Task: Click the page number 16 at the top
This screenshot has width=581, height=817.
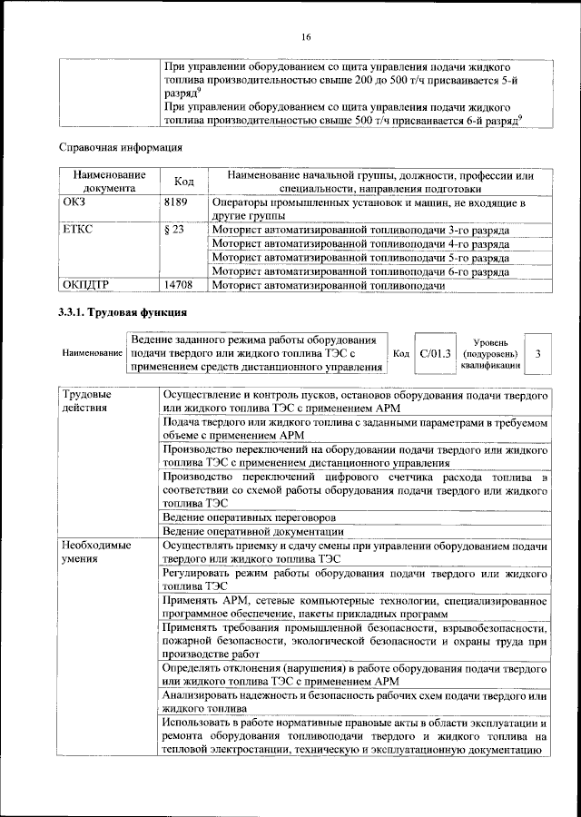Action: (306, 36)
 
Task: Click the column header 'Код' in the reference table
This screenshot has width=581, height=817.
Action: (184, 182)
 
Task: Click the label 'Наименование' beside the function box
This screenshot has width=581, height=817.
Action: (91, 352)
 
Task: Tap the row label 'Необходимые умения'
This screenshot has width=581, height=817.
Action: (95, 553)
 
